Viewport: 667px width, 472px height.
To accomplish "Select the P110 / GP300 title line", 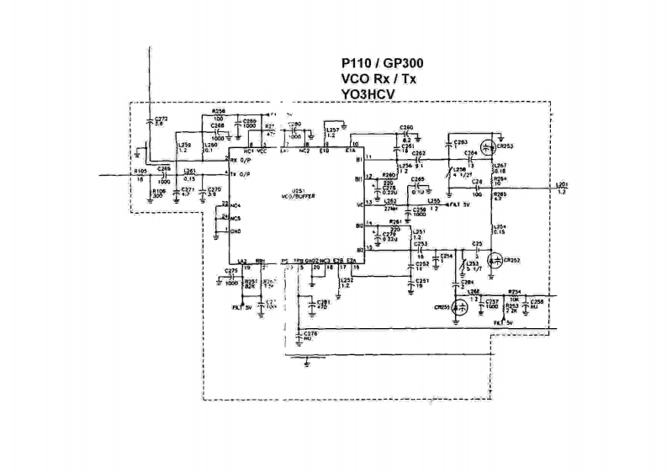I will click(382, 63).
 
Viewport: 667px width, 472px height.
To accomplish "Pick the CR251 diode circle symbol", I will click(460, 308).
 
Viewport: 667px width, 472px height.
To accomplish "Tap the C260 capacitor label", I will click(406, 127).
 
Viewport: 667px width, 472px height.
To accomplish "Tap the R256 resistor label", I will click(220, 110).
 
